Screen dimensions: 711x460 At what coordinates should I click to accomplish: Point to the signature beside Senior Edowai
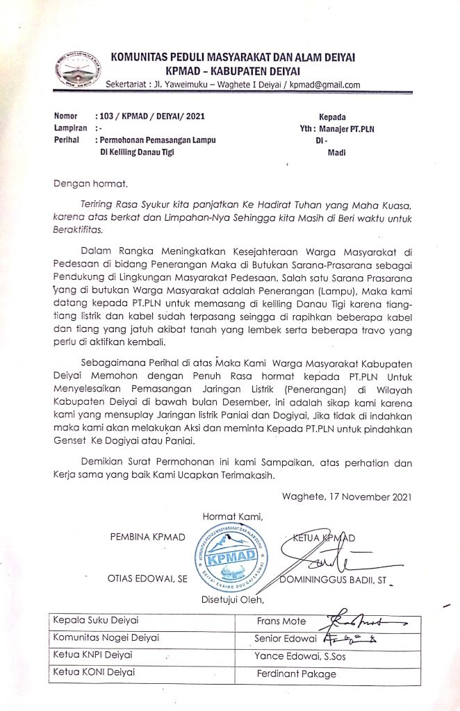coord(361,637)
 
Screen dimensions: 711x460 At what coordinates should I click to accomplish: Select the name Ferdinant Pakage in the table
coord(296,674)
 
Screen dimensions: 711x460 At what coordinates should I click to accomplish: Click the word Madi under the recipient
coord(336,153)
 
